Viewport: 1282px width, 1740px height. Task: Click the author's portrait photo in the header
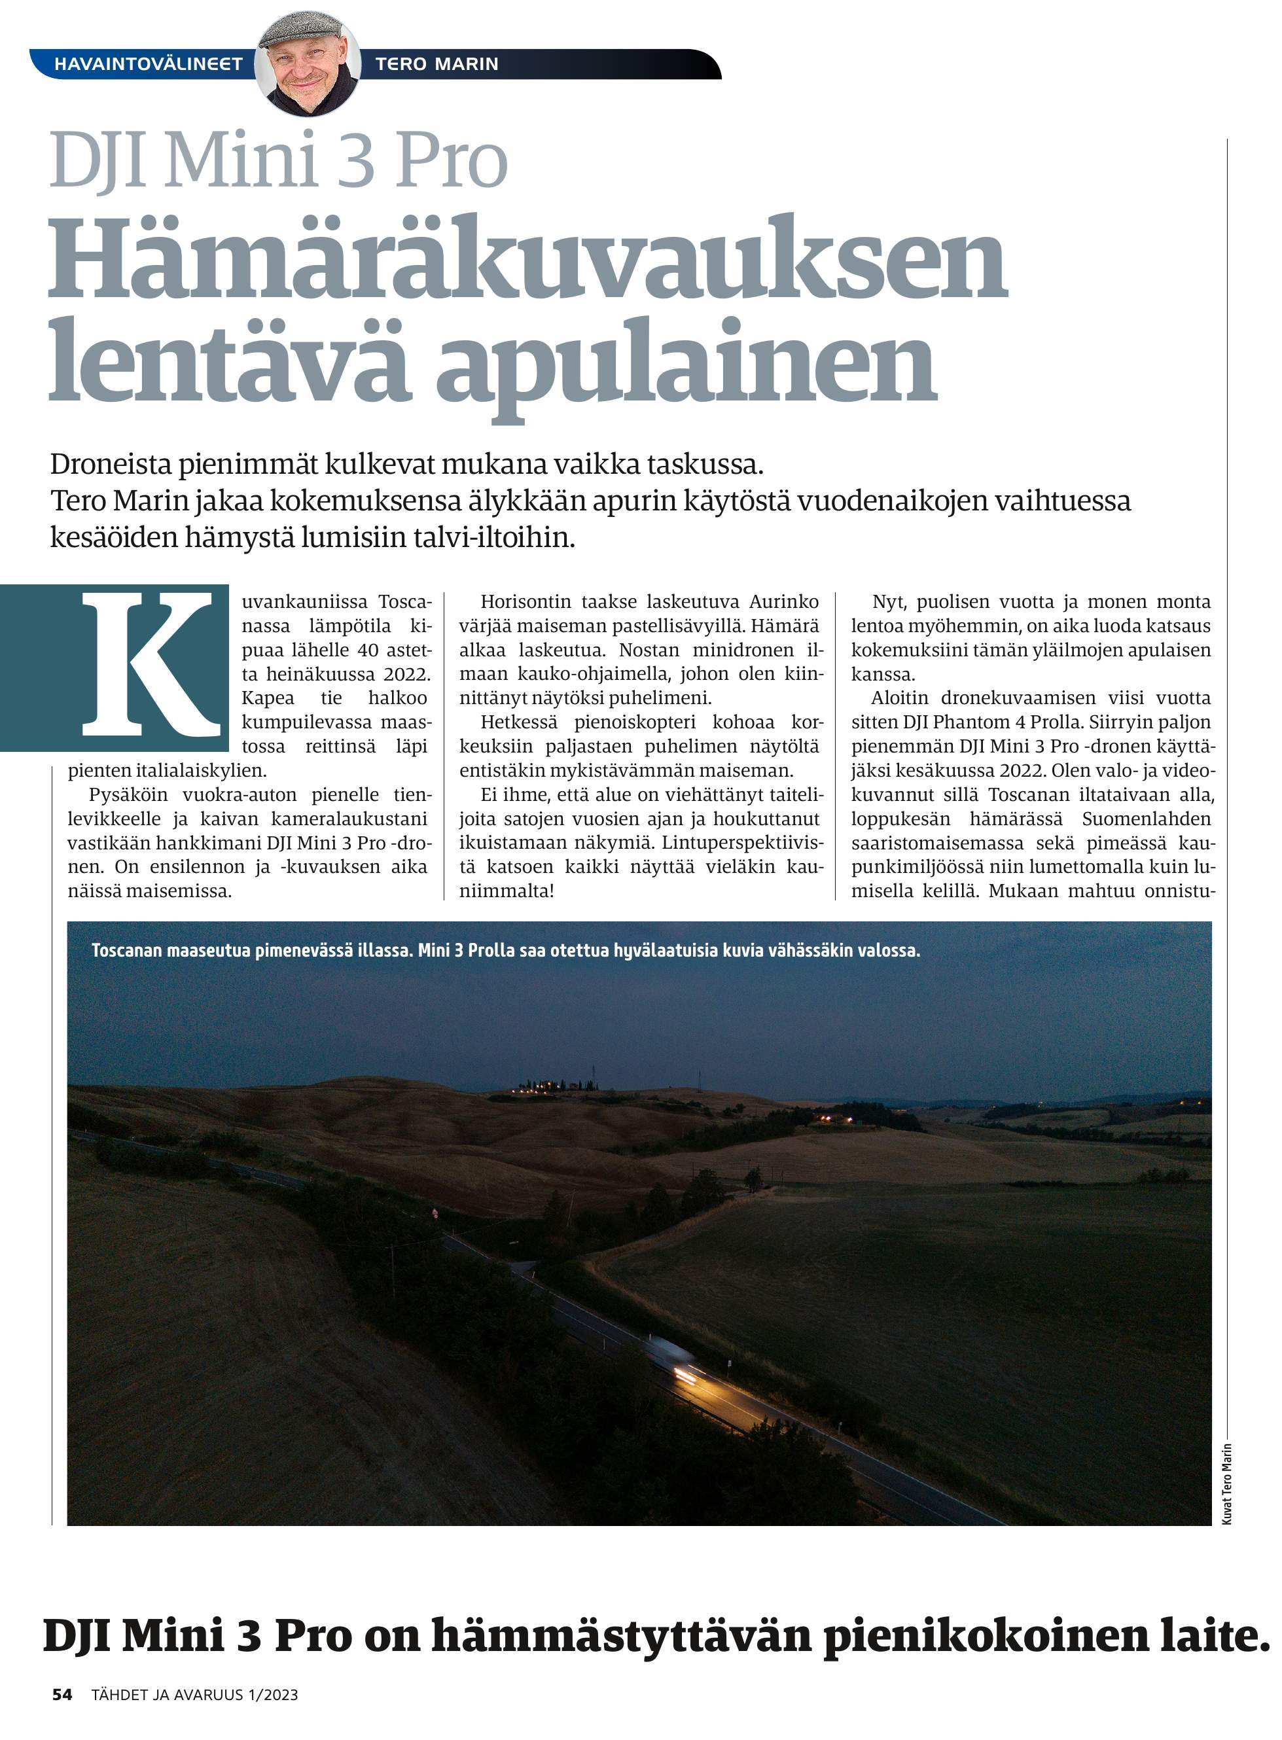[308, 63]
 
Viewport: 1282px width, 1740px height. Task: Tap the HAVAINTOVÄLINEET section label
[148, 64]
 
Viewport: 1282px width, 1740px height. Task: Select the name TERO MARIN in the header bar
[437, 64]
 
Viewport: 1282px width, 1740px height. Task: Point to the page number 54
[62, 1695]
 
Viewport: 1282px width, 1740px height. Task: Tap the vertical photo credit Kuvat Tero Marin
[1227, 1484]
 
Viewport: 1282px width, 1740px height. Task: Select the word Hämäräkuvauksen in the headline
[527, 258]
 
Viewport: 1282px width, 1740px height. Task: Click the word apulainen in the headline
[686, 363]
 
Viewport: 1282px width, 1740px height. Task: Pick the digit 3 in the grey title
[357, 162]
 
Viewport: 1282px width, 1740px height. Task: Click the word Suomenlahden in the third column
[1146, 819]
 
